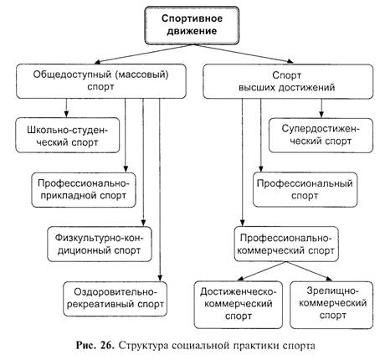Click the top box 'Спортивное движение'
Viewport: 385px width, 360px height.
click(192, 25)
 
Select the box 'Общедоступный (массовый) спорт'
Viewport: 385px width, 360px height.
click(101, 81)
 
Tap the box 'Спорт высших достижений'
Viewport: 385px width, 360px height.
click(288, 81)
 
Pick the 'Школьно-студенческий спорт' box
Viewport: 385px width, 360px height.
click(68, 136)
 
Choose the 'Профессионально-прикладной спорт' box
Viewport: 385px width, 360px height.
click(84, 190)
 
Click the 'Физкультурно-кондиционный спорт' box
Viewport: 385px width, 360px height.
click(100, 244)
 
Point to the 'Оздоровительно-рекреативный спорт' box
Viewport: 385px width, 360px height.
click(116, 299)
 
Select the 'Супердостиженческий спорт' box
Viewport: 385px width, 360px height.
click(321, 136)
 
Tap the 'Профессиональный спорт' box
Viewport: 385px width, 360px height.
click(305, 190)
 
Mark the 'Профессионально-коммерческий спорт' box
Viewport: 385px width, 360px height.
click(286, 244)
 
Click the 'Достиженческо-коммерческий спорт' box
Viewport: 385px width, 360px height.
click(239, 305)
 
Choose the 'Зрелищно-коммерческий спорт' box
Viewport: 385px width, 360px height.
click(331, 305)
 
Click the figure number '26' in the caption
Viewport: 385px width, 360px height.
click(106, 346)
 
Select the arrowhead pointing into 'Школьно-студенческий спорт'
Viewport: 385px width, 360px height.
click(66, 114)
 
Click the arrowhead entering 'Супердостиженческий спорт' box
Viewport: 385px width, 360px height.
click(321, 115)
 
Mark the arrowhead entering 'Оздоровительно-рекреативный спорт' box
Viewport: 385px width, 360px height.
click(160, 278)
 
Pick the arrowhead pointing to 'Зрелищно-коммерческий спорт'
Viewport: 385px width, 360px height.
click(330, 278)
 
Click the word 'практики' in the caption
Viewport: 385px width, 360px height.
click(255, 346)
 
